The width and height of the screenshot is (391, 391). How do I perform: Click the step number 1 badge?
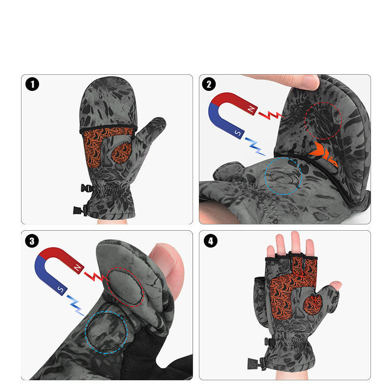coord(32,84)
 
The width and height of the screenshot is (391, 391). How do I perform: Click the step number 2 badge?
coord(209,84)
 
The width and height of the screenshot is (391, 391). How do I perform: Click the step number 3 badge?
coord(32,240)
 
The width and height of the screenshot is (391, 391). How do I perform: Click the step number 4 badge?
coord(210,240)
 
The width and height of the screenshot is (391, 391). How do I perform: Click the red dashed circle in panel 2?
coord(323,121)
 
